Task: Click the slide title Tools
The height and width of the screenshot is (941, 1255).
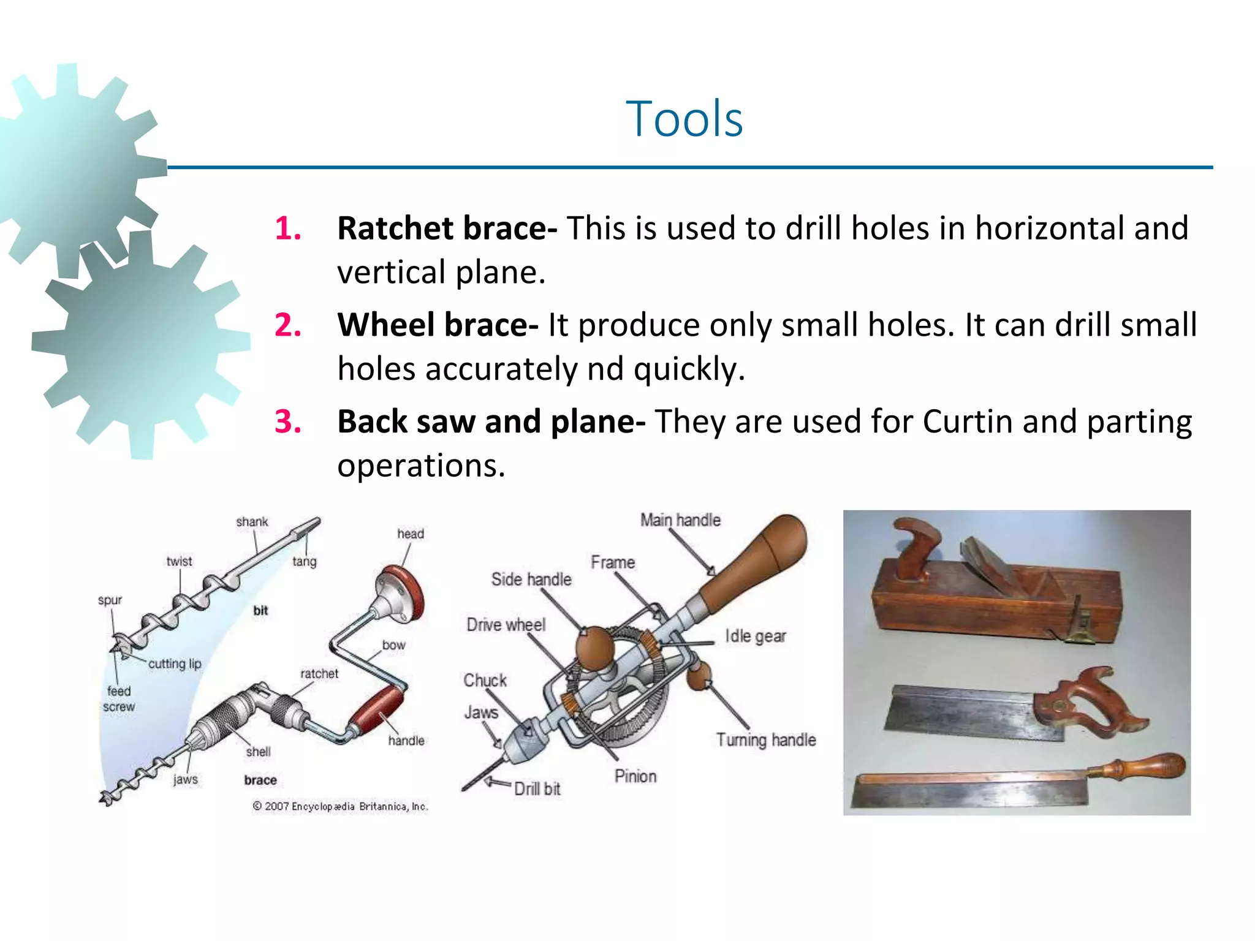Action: coord(684,119)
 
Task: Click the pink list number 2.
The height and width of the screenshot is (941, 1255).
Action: coord(287,325)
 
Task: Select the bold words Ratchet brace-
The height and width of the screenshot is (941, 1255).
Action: coord(447,229)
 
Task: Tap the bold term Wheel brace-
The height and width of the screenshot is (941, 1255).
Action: coord(438,325)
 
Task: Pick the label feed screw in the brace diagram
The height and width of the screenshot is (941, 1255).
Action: coord(119,698)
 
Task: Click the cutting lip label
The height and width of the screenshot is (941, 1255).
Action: coord(175,663)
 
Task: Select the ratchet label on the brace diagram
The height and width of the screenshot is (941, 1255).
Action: coord(319,673)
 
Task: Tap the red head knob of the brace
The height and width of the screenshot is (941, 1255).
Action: coord(404,592)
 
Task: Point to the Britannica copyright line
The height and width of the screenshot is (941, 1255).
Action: coord(340,806)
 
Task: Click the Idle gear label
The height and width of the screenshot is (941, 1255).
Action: coord(755,636)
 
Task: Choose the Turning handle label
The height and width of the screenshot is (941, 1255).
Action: coord(765,740)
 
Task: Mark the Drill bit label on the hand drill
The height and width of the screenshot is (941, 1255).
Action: coord(537,789)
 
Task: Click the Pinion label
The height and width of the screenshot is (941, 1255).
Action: coord(635,776)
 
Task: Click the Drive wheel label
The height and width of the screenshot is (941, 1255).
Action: coord(506,625)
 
